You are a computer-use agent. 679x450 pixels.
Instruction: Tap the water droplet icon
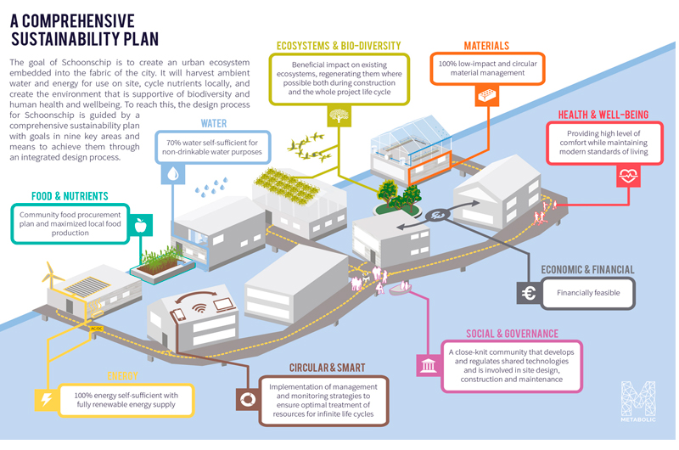173,173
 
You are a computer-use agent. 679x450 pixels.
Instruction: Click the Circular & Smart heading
327,368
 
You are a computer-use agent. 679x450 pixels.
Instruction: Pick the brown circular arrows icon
249,399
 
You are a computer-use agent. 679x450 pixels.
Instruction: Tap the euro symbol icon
528,294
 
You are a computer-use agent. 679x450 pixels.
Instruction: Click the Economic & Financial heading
588,270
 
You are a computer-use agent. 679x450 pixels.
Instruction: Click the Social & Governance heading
512,334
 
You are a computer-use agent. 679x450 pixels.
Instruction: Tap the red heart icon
629,176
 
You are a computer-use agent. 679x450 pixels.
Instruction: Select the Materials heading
486,45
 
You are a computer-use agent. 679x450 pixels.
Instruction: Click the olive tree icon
339,115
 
